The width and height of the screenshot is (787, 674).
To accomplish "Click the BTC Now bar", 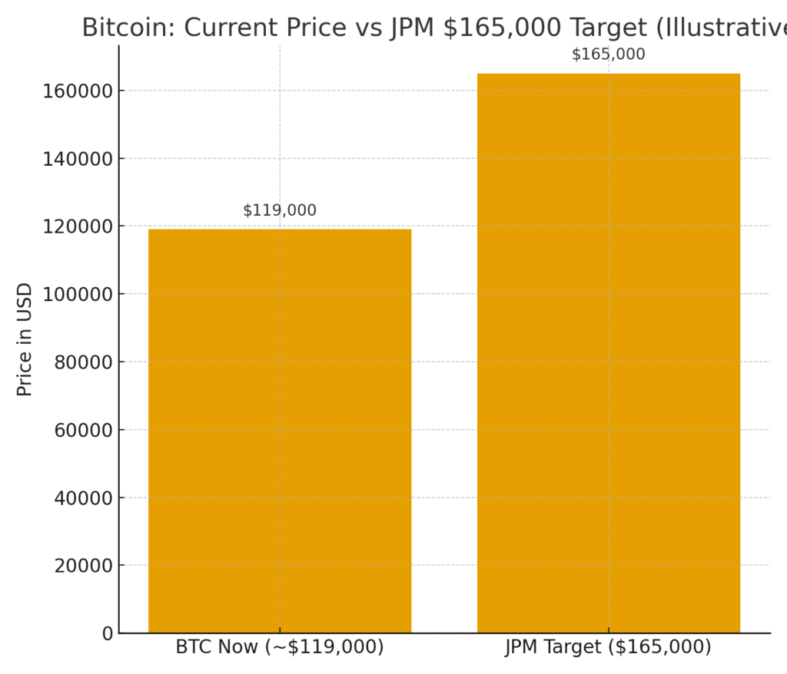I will [x=280, y=431].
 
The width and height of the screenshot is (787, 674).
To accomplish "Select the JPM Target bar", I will [x=608, y=353].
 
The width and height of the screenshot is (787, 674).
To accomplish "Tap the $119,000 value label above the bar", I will [x=280, y=210].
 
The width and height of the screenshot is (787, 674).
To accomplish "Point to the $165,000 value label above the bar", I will [x=608, y=55].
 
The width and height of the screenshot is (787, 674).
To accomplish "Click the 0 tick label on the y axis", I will [x=107, y=633].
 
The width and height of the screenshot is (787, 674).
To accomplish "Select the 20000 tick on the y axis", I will [x=83, y=566].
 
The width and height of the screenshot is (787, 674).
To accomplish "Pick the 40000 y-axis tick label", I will [x=83, y=498].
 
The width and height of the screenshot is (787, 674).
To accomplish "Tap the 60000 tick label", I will [x=83, y=430].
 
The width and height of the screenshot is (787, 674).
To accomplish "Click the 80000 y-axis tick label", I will [x=83, y=362].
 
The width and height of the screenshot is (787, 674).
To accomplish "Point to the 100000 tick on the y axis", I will [x=78, y=294].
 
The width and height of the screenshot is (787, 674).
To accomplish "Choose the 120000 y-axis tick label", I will [x=78, y=226].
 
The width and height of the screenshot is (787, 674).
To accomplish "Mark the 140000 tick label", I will [x=78, y=159].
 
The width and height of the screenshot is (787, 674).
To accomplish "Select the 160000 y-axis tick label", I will [x=78, y=91].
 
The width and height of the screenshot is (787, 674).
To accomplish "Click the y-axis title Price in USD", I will [x=25, y=339].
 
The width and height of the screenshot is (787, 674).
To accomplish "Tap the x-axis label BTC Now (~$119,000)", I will [x=280, y=647].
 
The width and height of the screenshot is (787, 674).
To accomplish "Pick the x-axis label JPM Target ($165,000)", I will [x=608, y=647].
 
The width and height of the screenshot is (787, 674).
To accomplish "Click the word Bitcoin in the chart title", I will [x=127, y=28].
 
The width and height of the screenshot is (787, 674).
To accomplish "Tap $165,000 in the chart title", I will [x=500, y=28].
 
